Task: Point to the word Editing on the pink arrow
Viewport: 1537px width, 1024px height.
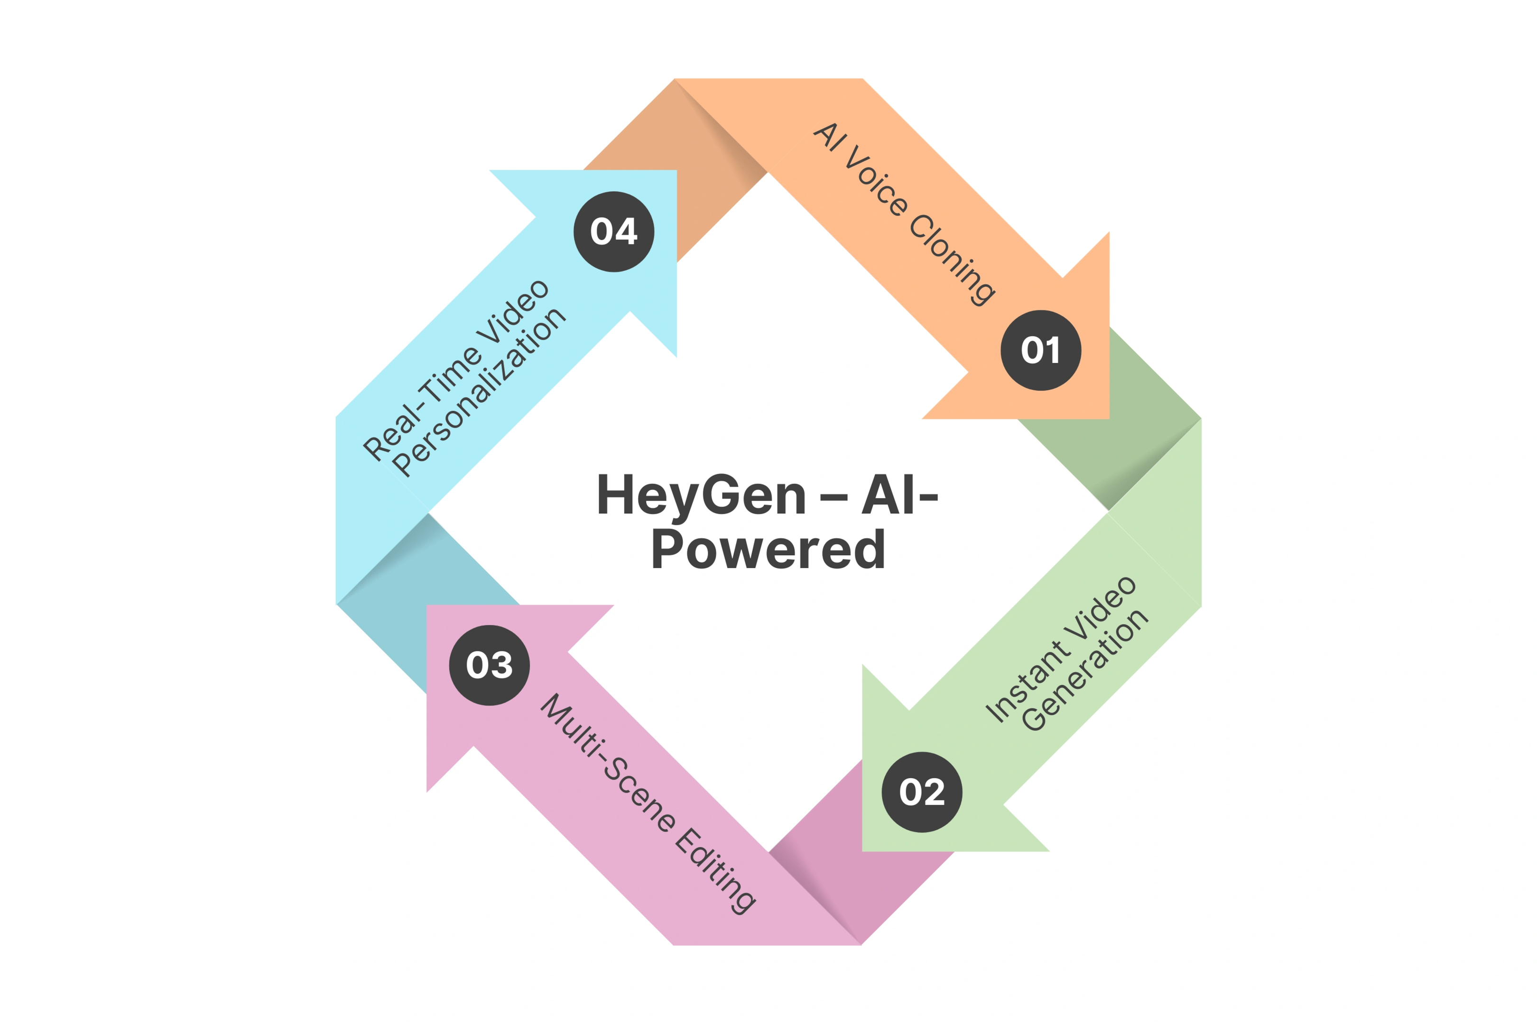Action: pos(715,870)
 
